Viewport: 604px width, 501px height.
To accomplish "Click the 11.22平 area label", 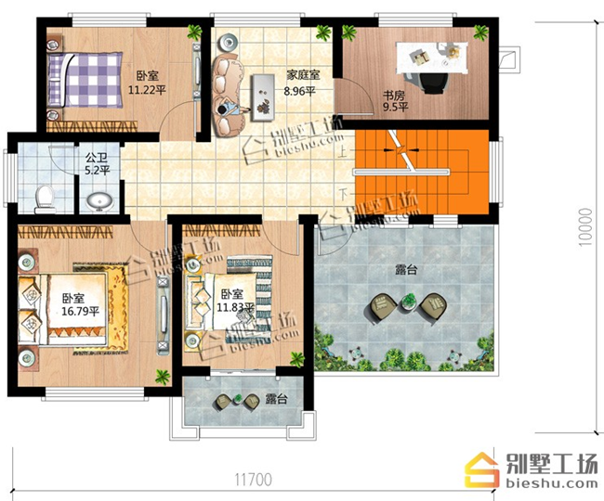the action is [147, 90].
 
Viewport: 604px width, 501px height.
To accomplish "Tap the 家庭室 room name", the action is [303, 74].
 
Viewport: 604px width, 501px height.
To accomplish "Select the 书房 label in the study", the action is [394, 95].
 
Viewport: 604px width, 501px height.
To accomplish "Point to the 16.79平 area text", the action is [81, 311].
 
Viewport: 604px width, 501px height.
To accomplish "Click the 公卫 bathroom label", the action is [97, 158].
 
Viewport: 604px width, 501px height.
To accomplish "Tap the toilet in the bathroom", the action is [45, 199].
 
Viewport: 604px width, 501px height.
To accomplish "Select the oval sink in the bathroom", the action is [99, 200].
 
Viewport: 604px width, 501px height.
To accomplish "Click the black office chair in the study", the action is [435, 83].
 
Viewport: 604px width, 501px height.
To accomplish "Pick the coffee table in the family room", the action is [263, 97].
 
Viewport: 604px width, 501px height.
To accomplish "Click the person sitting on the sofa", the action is [228, 109].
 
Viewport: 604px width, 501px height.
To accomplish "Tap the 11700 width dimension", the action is [253, 480].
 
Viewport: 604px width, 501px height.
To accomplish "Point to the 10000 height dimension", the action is [585, 227].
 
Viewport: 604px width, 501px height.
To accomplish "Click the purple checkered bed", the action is [85, 80].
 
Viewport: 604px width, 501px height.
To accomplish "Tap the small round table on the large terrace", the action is [408, 302].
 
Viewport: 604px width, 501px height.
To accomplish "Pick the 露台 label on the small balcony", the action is [276, 399].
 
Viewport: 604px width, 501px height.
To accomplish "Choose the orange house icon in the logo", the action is [482, 469].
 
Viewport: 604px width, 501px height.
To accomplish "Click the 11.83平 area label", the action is [236, 307].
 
